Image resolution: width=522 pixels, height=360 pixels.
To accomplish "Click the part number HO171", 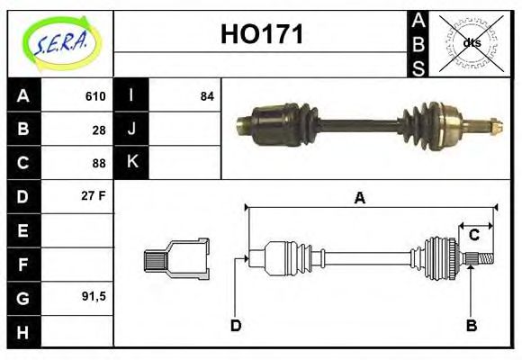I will pyautogui.click(x=262, y=35).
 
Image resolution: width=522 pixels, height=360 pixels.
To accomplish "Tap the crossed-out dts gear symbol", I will pyautogui.click(x=472, y=42).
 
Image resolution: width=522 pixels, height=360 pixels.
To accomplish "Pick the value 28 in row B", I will pyautogui.click(x=99, y=130).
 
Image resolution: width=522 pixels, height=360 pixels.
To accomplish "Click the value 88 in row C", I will pyautogui.click(x=99, y=164).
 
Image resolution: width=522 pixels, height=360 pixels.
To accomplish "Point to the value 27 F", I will pyautogui.click(x=94, y=195).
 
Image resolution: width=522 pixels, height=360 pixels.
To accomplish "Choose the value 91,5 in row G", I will pyautogui.click(x=94, y=295).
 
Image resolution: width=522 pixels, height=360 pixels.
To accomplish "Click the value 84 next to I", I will pyautogui.click(x=207, y=96).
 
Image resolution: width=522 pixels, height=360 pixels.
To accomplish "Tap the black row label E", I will pyautogui.click(x=22, y=230).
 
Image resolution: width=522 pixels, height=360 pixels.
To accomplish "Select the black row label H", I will pyautogui.click(x=22, y=331).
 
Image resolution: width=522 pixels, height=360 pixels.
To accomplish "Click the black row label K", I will pyautogui.click(x=132, y=163).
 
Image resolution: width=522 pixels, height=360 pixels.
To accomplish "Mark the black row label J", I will pyautogui.click(x=132, y=130).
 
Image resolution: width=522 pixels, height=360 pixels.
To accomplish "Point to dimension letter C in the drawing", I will pyautogui.click(x=473, y=236).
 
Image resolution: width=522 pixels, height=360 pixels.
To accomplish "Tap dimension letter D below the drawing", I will pyautogui.click(x=235, y=326).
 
